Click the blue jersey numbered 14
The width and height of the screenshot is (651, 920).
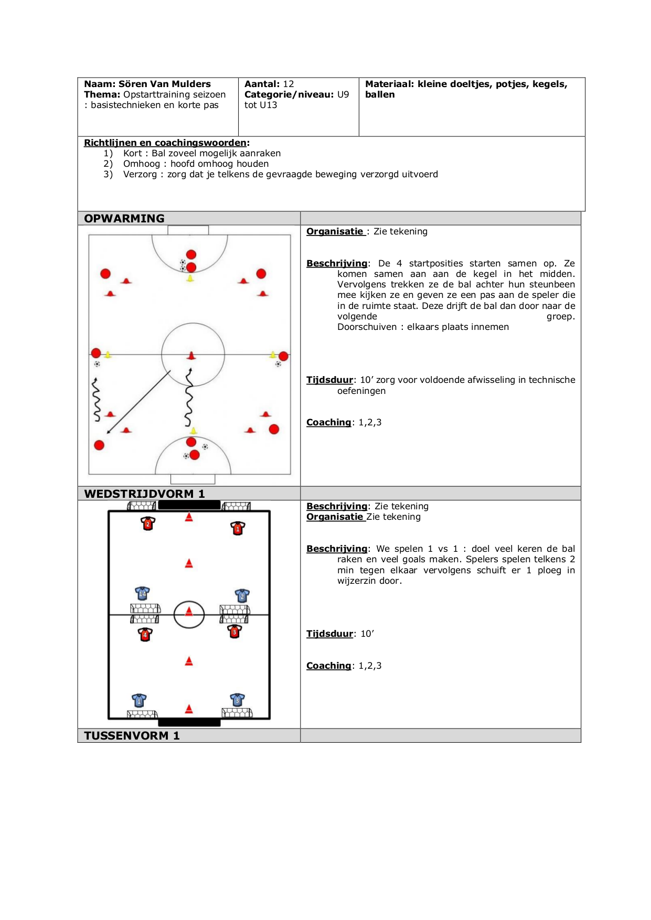142,593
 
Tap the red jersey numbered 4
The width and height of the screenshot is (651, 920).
145,634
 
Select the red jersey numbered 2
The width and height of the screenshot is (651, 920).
148,523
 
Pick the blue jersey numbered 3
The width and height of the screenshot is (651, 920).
237,700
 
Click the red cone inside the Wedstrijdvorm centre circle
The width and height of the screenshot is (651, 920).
189,612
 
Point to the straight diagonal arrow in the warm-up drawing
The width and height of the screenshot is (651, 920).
139,402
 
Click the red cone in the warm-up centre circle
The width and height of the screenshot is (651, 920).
191,356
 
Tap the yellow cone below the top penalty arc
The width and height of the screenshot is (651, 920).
190,279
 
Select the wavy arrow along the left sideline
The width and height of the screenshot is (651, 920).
96,400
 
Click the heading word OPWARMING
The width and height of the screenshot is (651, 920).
124,219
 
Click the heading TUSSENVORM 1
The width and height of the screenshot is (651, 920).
132,736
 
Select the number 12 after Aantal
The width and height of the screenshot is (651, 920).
289,84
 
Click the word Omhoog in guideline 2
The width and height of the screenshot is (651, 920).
142,164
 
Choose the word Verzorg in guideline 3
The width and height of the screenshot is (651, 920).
140,174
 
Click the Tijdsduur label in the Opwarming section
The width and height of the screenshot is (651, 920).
330,380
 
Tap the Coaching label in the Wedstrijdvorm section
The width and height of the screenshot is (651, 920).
329,666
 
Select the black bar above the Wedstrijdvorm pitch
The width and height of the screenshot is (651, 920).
189,505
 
